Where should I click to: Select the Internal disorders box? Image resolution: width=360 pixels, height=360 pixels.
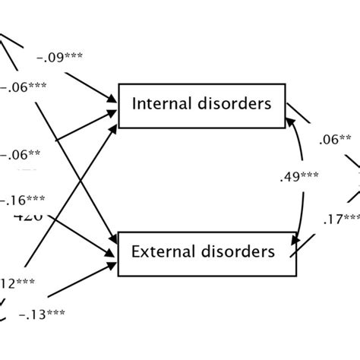[x=201, y=106]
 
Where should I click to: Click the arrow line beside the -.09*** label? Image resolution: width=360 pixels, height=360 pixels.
[x=91, y=85]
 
